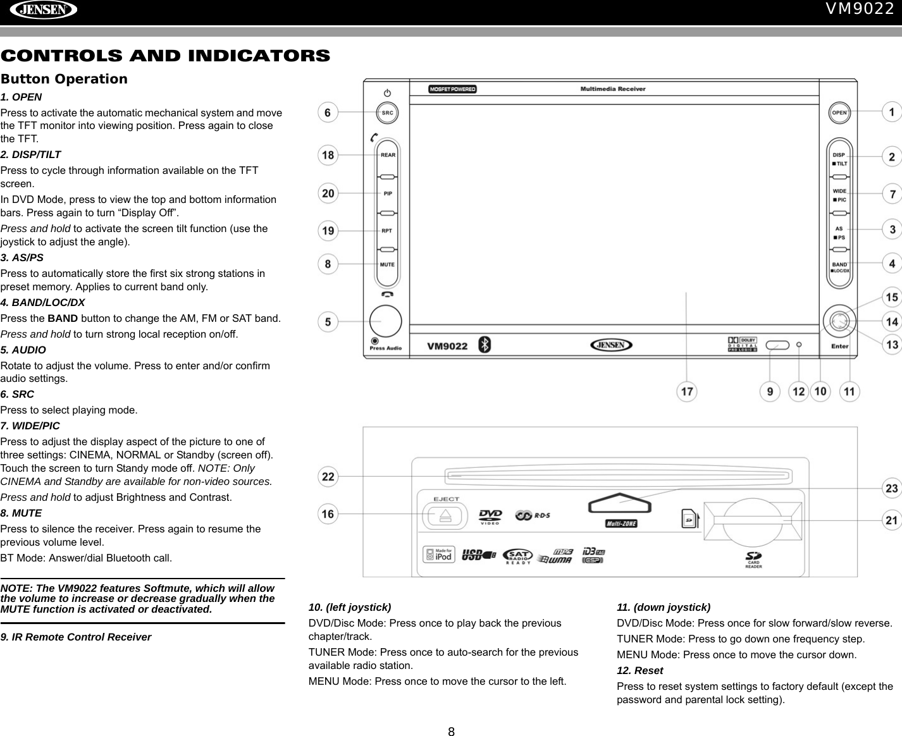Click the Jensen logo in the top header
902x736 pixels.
42,10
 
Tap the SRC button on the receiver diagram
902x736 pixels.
387,113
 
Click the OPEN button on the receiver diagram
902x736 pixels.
839,113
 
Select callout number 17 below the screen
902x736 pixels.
687,392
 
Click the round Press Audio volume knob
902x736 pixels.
386,321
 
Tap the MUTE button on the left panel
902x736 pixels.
387,265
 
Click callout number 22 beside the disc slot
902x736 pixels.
328,476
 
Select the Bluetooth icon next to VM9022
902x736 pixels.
484,345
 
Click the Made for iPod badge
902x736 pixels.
439,555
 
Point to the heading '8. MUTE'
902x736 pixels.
22,513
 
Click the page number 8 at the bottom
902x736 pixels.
451,732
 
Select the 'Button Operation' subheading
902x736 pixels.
64,79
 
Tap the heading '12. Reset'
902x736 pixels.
639,670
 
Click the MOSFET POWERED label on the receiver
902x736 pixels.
452,89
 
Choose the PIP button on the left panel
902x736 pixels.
388,193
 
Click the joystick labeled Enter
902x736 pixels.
839,322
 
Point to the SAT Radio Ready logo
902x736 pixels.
517,556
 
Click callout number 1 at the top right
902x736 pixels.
892,113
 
